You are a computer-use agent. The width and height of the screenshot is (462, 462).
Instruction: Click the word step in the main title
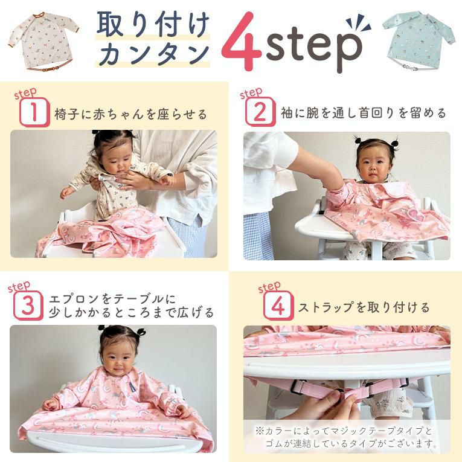314,49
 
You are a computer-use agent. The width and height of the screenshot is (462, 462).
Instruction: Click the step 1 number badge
34,112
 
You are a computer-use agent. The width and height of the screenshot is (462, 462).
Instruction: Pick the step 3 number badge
28,306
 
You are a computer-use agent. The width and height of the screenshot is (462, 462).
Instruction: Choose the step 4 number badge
278,306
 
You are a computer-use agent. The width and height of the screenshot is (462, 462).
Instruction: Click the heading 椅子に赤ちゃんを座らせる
130,114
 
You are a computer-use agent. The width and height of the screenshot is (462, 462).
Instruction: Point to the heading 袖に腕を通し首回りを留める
364,113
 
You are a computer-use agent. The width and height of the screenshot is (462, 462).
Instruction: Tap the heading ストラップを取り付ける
364,307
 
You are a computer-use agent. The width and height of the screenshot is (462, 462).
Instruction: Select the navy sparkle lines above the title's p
359,23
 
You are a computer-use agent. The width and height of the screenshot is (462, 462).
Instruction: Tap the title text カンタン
154,53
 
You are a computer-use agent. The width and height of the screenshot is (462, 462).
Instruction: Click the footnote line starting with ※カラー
344,431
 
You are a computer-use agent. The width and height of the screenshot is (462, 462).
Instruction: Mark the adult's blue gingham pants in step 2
258,236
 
